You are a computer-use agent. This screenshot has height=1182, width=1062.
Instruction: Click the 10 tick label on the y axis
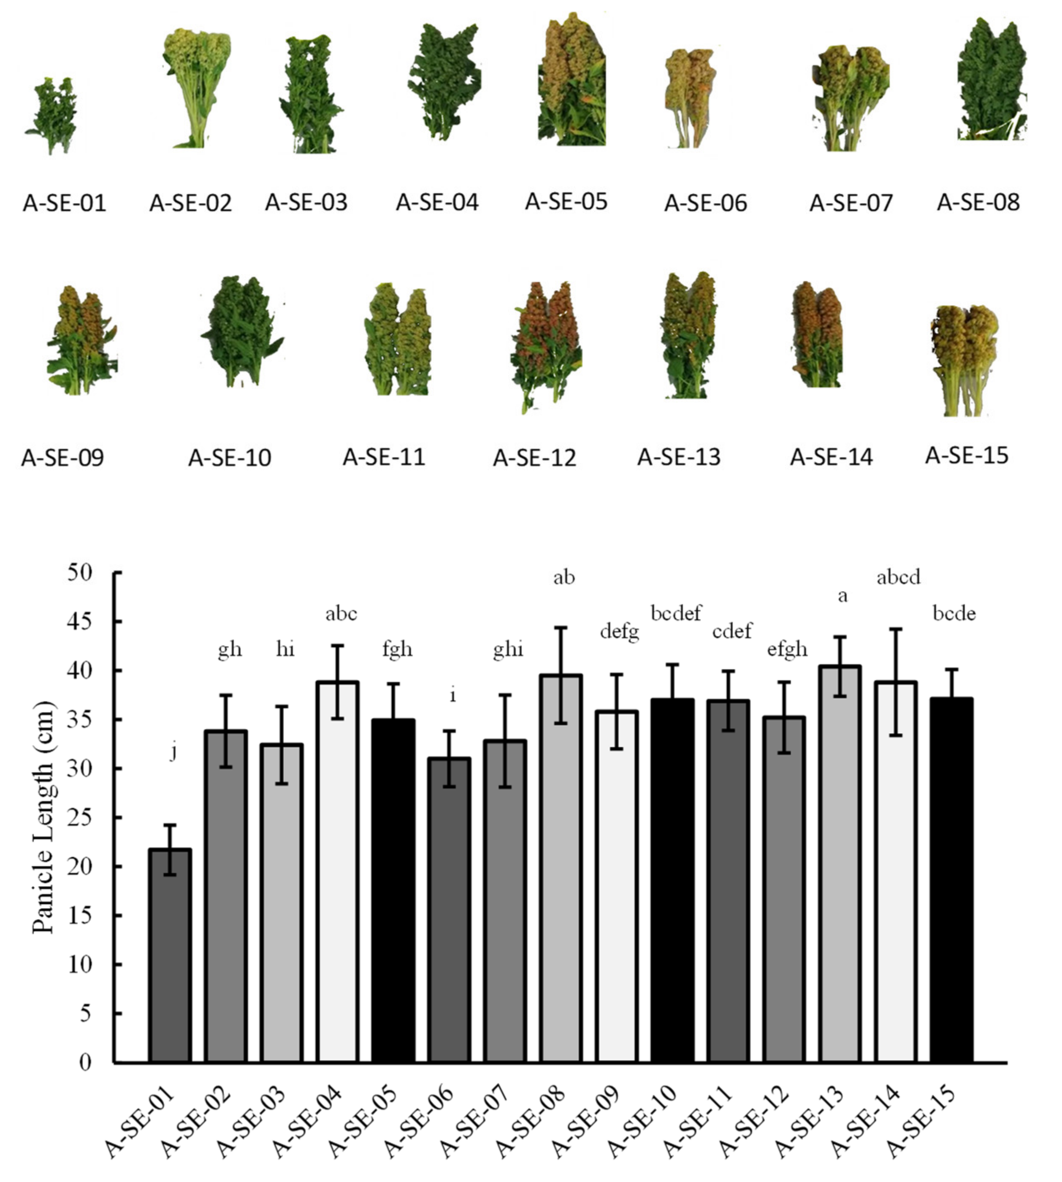point(81,964)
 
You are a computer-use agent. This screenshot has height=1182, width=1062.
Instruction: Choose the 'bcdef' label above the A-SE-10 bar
point(676,613)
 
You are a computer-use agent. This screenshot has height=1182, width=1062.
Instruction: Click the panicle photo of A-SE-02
point(197,87)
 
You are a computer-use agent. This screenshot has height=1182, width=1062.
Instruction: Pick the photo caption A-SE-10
point(229,458)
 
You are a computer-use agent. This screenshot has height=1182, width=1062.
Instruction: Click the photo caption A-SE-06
point(705,203)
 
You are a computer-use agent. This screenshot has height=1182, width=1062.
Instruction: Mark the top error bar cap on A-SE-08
point(560,627)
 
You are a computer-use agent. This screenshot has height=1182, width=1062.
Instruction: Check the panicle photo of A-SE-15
point(964,359)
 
